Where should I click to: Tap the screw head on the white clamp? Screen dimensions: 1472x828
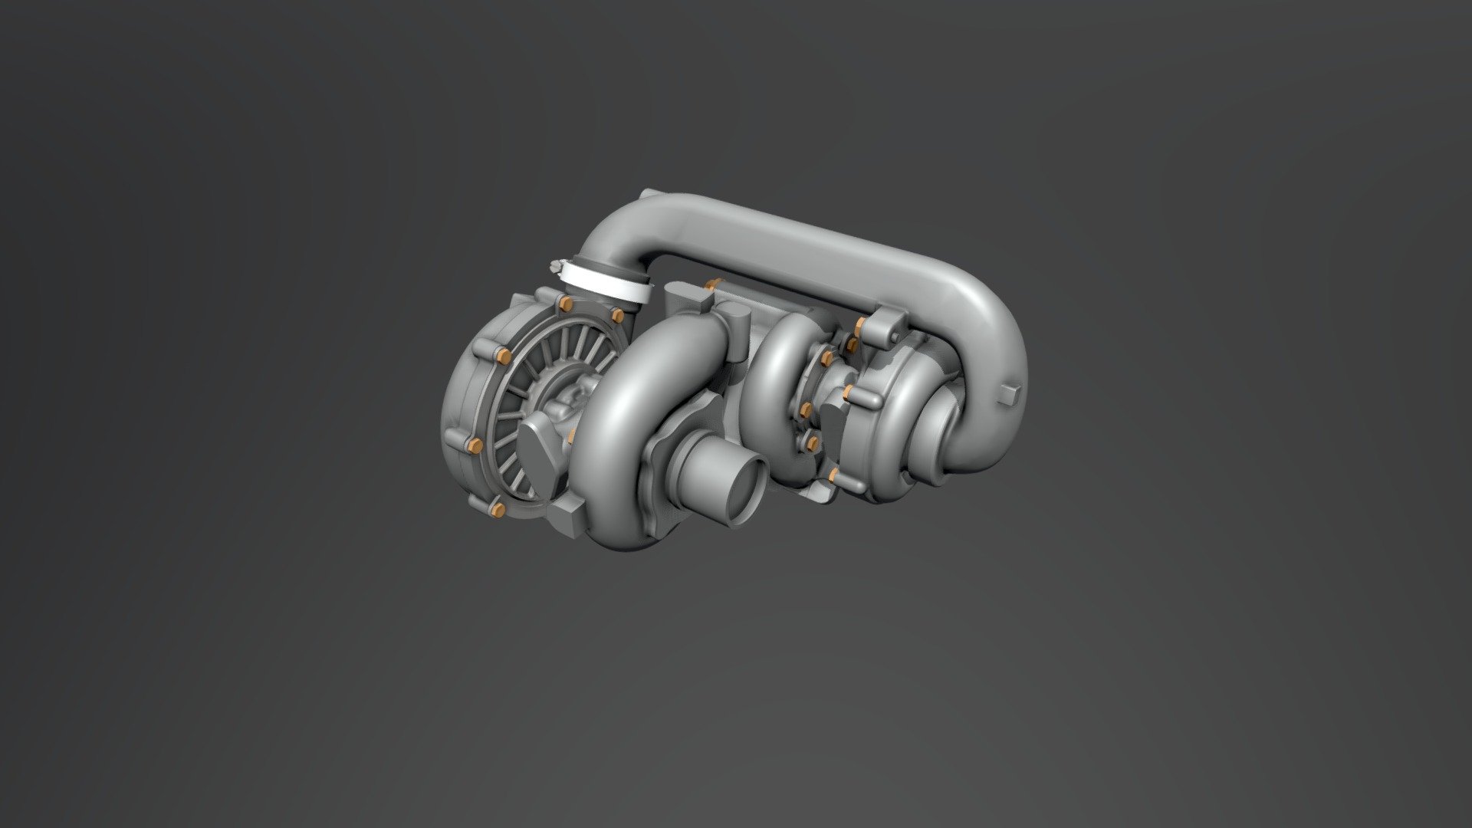pos(554,268)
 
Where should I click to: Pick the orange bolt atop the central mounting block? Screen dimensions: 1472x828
pos(714,285)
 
